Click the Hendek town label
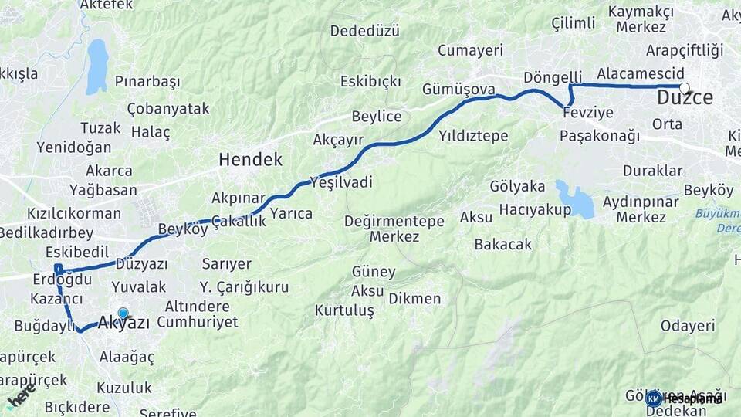pyautogui.click(x=250, y=160)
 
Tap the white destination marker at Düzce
pyautogui.click(x=684, y=87)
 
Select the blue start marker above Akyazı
pyautogui.click(x=123, y=313)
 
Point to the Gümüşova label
pyautogui.click(x=458, y=90)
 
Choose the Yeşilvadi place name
pyautogui.click(x=340, y=182)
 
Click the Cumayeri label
pyautogui.click(x=470, y=50)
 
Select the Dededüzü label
pyautogui.click(x=365, y=31)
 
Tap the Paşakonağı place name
pyautogui.click(x=600, y=136)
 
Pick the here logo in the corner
pyautogui.click(x=21, y=396)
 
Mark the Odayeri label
pyautogui.click(x=688, y=326)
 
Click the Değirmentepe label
pyautogui.click(x=394, y=222)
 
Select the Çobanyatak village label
pyautogui.click(x=167, y=108)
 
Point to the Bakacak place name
pyautogui.click(x=503, y=244)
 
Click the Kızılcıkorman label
pyautogui.click(x=74, y=213)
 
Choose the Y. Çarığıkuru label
pyautogui.click(x=244, y=287)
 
